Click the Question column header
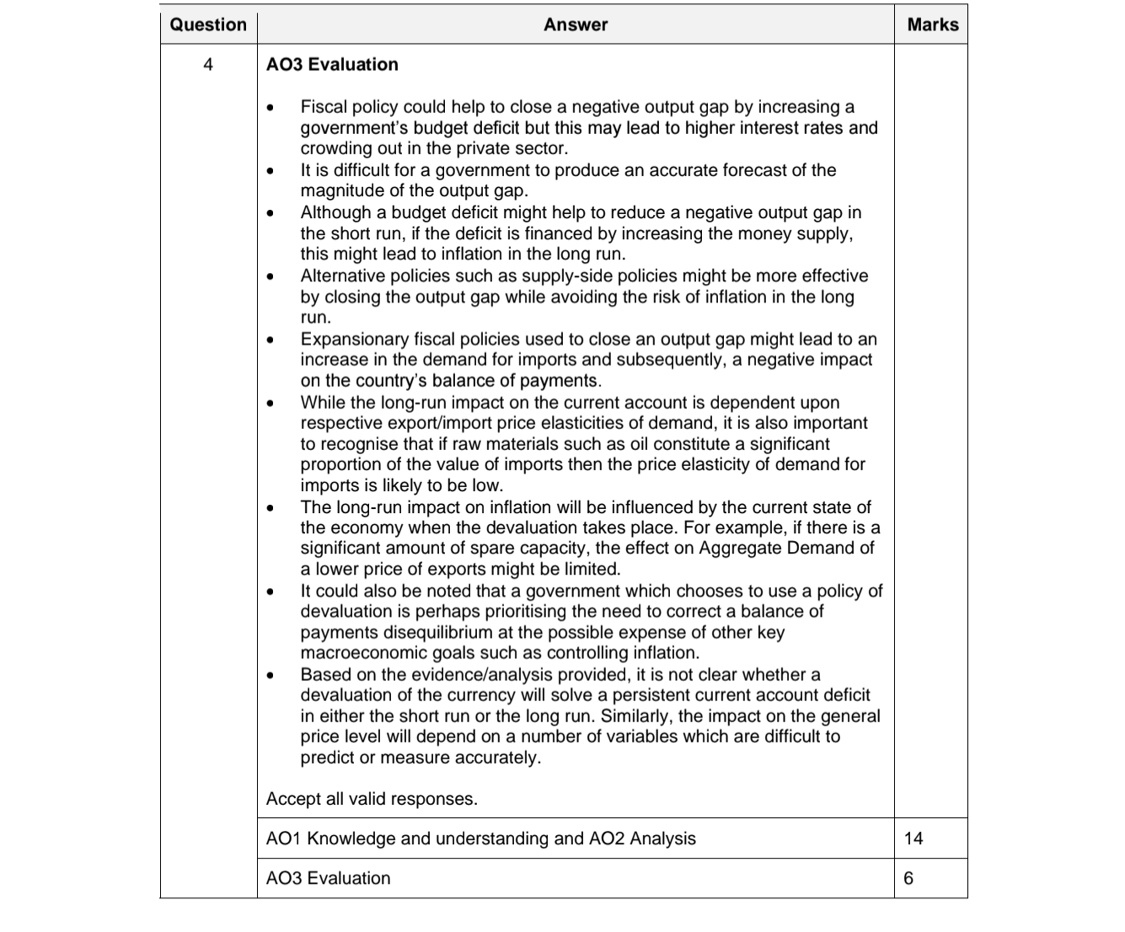tap(208, 24)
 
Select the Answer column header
tap(576, 24)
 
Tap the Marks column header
tap(932, 24)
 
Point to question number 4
tap(208, 65)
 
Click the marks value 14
tap(913, 838)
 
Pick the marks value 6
tap(908, 878)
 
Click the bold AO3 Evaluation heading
tap(332, 65)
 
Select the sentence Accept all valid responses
tap(372, 799)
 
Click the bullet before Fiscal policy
tap(270, 109)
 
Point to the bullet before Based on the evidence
tap(270, 676)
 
